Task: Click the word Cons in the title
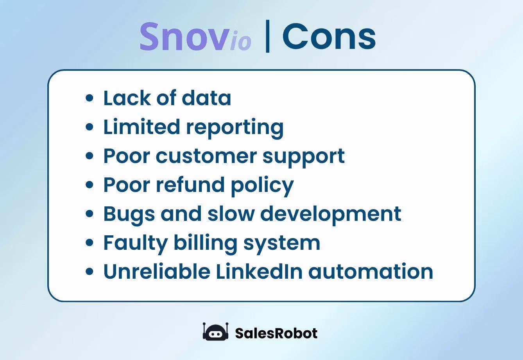click(329, 36)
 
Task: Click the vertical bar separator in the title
click(268, 36)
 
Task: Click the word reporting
click(235, 127)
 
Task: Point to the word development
click(330, 214)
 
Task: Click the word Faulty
click(135, 243)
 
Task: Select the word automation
click(371, 271)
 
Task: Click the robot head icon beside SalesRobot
click(215, 332)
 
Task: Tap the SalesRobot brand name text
click(276, 333)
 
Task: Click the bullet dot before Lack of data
click(90, 98)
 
